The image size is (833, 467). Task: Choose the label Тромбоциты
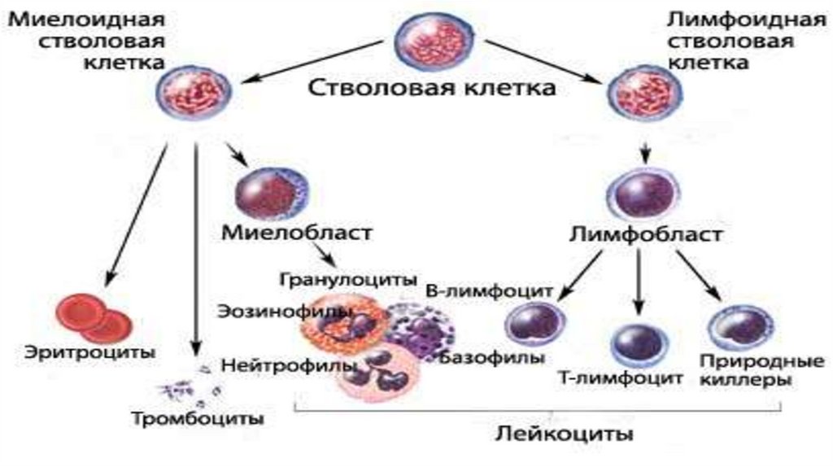tap(198, 420)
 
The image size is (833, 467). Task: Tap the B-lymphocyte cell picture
tap(534, 325)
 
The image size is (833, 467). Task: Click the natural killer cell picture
tap(735, 330)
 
